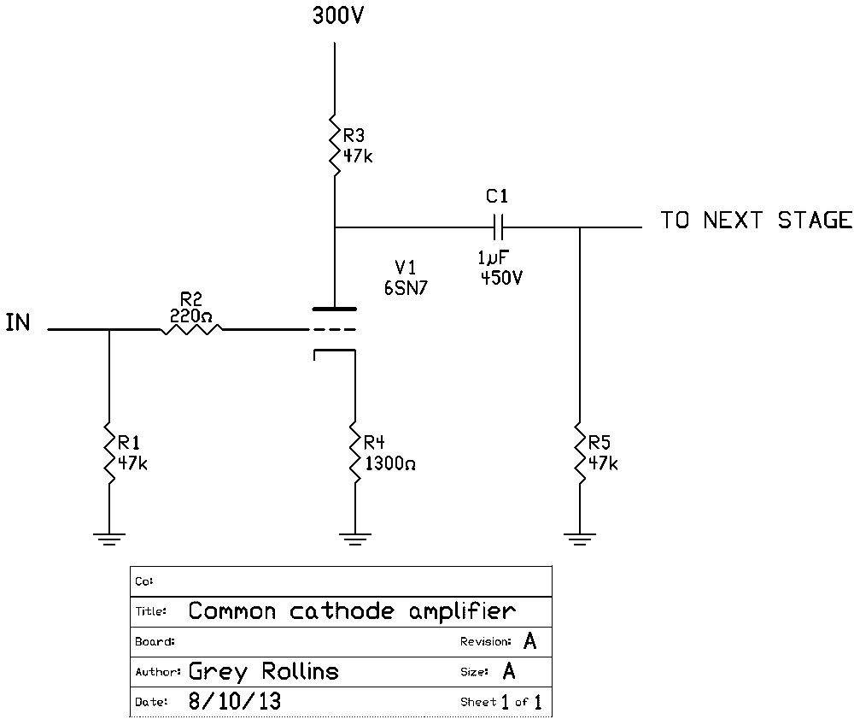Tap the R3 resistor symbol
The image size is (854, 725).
(334, 146)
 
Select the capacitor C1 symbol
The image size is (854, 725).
(499, 227)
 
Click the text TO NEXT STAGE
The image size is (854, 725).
(755, 221)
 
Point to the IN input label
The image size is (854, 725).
(18, 323)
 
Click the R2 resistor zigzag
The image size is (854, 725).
(191, 328)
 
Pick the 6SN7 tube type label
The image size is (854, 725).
(407, 289)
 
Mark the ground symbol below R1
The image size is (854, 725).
(109, 538)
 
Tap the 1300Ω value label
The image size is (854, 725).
(389, 464)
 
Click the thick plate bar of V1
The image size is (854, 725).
(334, 308)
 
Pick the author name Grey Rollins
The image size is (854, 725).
(263, 671)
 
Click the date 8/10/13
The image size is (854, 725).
(234, 702)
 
